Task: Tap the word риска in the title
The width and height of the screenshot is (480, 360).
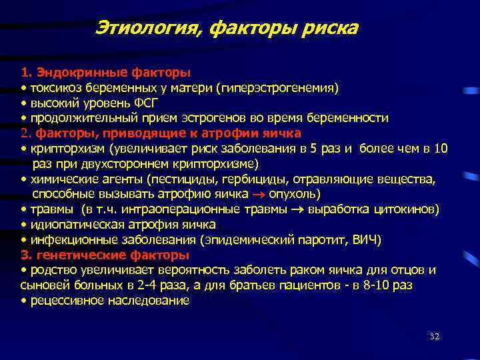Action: pyautogui.click(x=326, y=28)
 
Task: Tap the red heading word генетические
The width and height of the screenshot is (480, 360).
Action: pyautogui.click(x=67, y=255)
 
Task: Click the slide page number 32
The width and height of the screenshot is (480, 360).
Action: pyautogui.click(x=434, y=337)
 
